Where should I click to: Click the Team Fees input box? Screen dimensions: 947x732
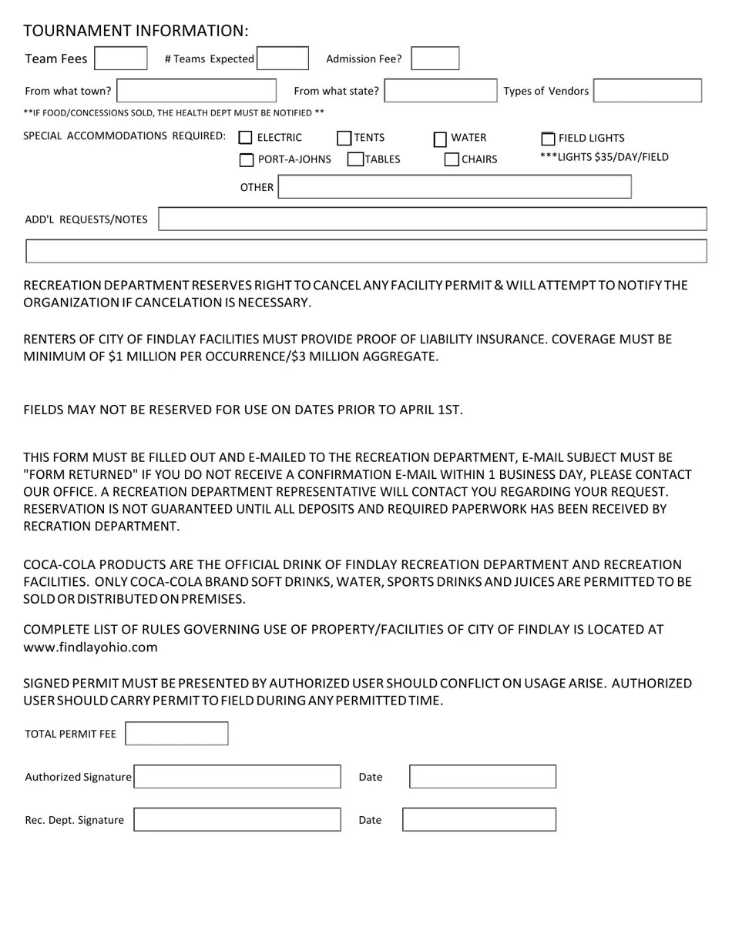point(120,59)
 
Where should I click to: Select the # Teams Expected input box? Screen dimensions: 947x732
point(283,59)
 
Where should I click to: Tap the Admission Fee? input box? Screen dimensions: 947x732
point(435,59)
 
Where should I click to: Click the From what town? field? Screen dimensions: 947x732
point(196,91)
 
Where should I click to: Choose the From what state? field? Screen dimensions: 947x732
point(441,91)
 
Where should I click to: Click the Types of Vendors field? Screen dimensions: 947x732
point(647,91)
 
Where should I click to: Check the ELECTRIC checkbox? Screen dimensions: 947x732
point(246,138)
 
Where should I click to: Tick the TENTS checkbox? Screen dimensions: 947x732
point(344,139)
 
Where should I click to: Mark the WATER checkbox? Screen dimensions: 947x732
point(440,139)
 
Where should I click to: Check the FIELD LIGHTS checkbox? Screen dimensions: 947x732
point(548,139)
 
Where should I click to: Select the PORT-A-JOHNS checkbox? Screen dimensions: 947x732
point(247,160)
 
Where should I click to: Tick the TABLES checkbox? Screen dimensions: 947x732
point(355,159)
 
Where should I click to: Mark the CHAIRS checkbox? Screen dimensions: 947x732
point(452,160)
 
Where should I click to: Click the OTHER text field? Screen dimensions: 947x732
point(454,187)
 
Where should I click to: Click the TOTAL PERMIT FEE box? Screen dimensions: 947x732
point(176,734)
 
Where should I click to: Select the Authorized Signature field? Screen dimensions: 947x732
point(237,777)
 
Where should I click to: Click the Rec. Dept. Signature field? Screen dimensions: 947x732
point(237,820)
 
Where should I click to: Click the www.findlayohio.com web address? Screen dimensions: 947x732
point(91,648)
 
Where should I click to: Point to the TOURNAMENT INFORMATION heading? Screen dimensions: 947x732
point(136,31)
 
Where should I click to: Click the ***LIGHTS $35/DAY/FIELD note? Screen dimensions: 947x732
point(604,157)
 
